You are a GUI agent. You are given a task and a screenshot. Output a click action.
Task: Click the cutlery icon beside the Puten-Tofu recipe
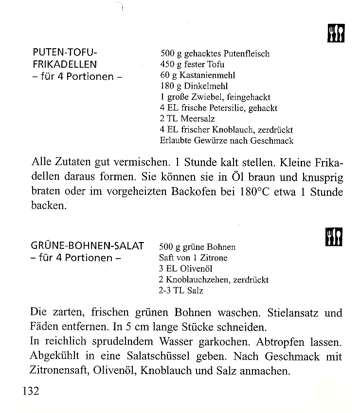[x=336, y=33]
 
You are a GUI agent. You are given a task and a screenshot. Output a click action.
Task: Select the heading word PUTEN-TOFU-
[x=62, y=53]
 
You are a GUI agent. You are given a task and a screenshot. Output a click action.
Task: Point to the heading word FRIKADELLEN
[x=65, y=64]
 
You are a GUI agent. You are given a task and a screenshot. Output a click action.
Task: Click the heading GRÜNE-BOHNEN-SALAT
[x=88, y=246]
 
